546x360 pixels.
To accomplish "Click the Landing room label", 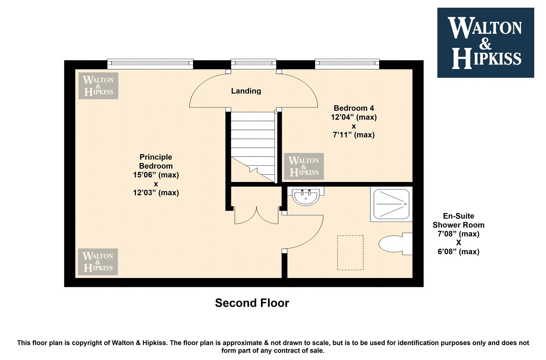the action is [246, 91].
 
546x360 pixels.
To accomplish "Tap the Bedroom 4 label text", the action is [354, 108].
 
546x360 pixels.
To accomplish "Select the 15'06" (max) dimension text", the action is [156, 175].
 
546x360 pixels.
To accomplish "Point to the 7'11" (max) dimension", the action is [354, 135].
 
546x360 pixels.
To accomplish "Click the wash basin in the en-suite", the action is [306, 196].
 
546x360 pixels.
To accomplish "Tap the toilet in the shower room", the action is [395, 244].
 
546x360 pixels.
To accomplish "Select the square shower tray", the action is [391, 204].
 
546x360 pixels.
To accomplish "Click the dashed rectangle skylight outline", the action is [350, 253].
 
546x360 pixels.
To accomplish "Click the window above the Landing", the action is [253, 64].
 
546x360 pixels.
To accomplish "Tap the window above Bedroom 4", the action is [347, 64].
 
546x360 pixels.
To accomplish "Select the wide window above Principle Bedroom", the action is [150, 64].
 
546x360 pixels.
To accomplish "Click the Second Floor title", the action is [252, 303].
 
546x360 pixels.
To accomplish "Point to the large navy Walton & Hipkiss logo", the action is [486, 43].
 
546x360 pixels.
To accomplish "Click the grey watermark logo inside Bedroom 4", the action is [304, 166].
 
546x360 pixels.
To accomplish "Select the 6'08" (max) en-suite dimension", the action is [458, 252].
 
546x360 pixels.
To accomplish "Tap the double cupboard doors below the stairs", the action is [256, 215].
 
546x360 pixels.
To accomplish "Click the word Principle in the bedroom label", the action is [156, 157].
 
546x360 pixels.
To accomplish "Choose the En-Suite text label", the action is [458, 216].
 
